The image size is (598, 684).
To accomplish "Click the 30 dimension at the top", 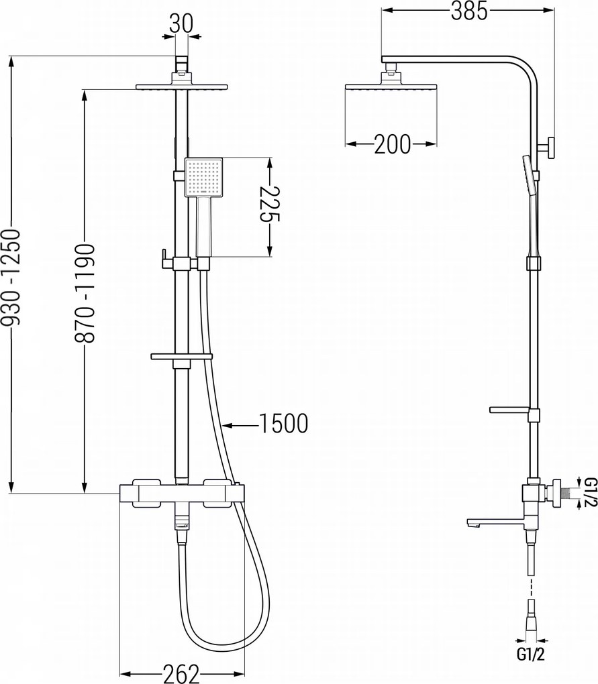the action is (181, 23).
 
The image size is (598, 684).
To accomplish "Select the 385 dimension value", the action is (468, 11).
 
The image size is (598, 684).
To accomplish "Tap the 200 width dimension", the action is (393, 144).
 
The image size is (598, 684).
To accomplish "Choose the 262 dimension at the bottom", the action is (181, 673).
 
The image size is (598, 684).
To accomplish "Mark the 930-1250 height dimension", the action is (11, 278).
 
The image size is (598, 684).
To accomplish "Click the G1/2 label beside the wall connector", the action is (590, 492).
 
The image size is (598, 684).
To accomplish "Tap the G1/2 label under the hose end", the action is (530, 654).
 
